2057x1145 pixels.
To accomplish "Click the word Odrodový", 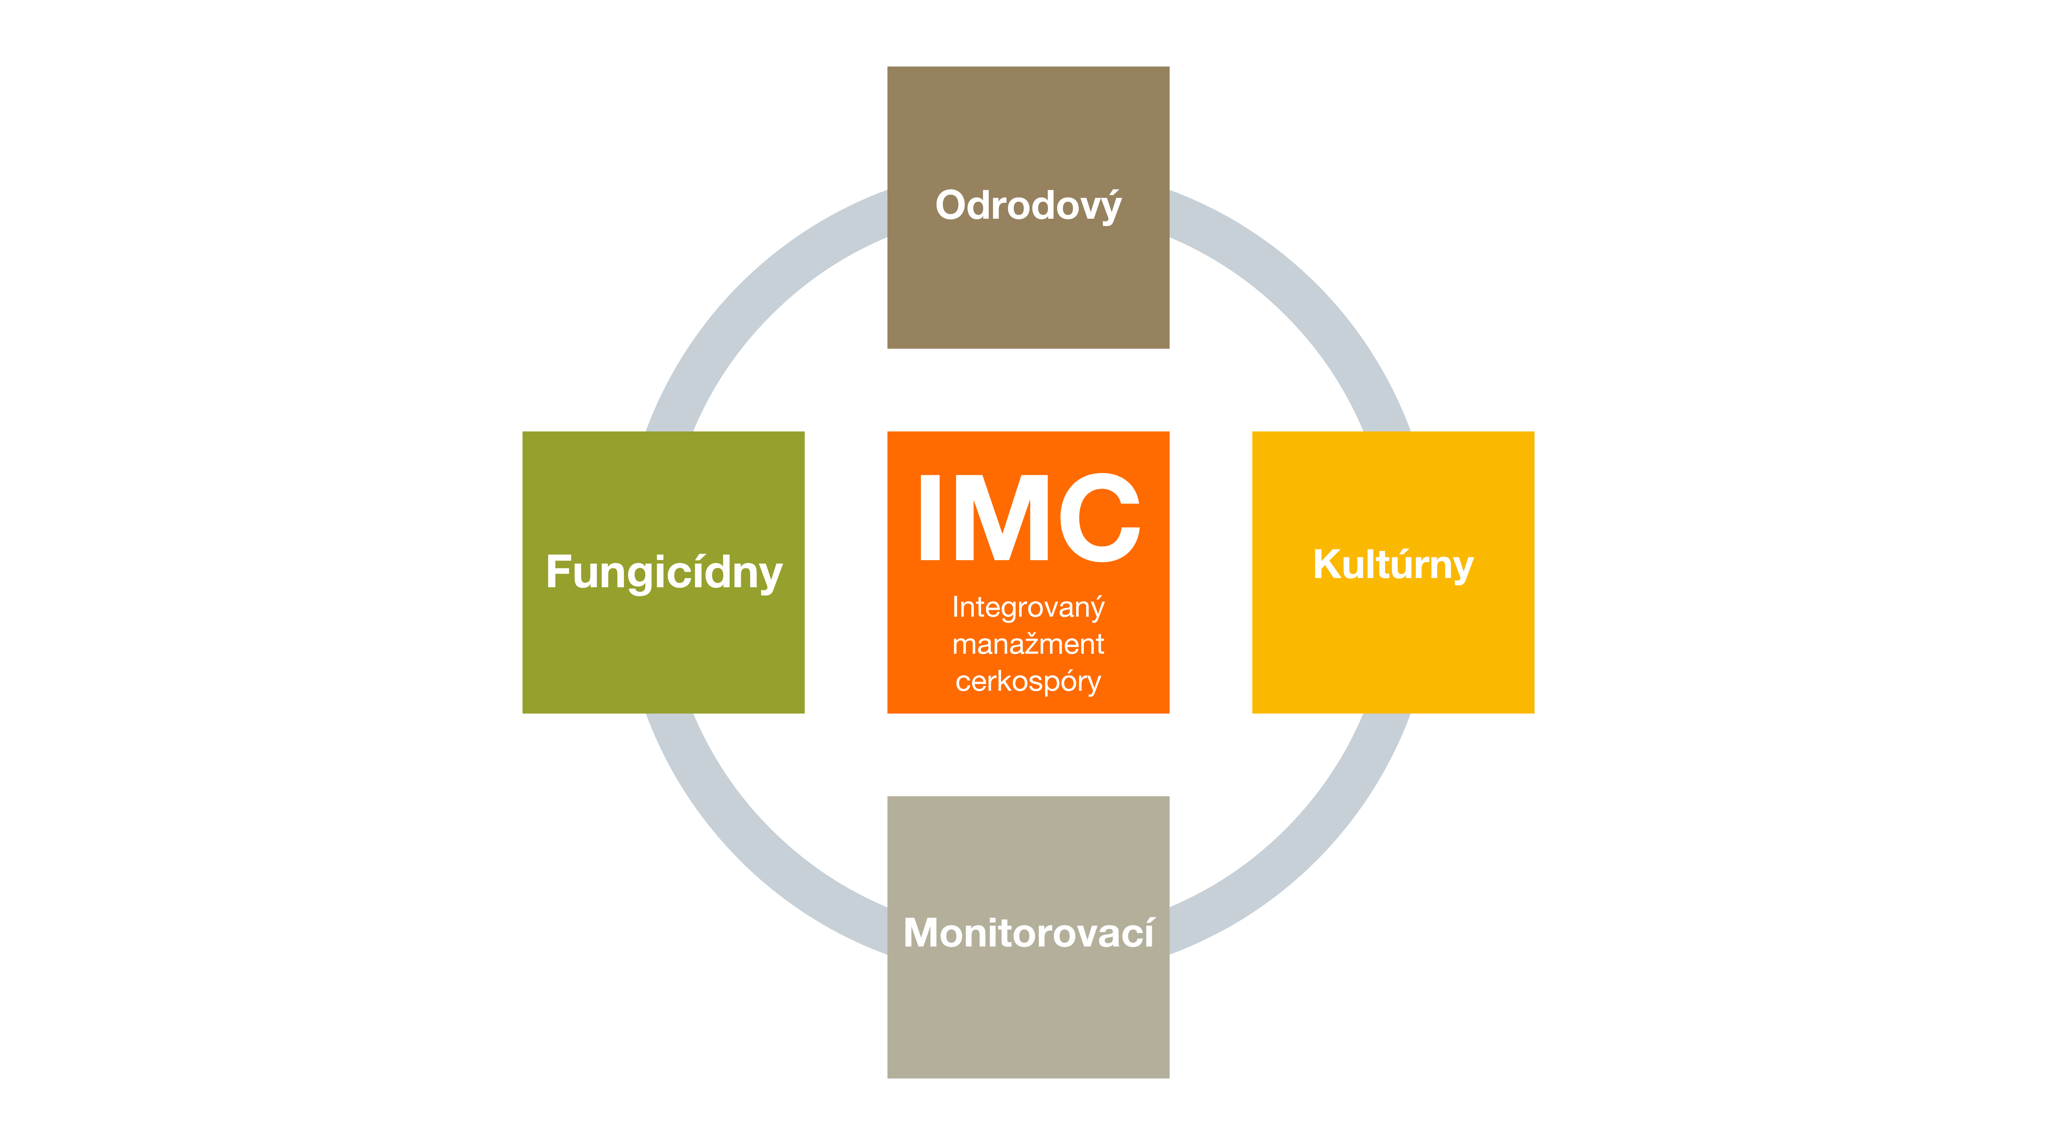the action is pyautogui.click(x=1028, y=206).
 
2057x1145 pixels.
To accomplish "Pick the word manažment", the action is pyautogui.click(x=1028, y=643).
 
